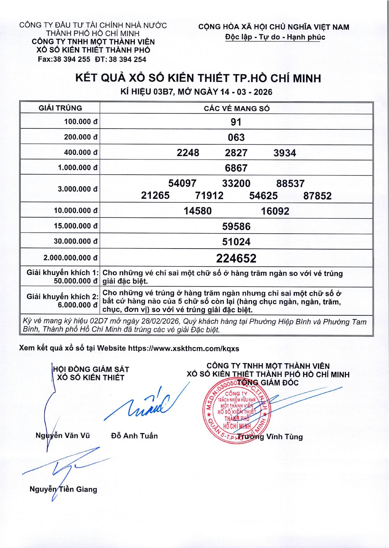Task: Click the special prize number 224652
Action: [236, 258]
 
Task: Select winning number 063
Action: [236, 137]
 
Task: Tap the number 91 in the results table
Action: [236, 122]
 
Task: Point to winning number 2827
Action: [236, 153]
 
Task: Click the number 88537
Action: [290, 183]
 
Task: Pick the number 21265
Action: [155, 196]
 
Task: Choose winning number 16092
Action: [275, 211]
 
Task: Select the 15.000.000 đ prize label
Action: [75, 226]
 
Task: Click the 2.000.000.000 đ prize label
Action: [70, 258]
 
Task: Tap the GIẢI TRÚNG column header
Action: [60, 108]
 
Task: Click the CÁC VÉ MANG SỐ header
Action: [237, 109]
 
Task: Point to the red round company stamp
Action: [237, 411]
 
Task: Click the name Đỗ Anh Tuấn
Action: [134, 436]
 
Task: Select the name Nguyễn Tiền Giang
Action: [63, 489]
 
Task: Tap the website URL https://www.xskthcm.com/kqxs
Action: [184, 349]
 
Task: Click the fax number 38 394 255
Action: [72, 59]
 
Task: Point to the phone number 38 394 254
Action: [128, 59]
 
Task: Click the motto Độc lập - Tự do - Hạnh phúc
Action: [275, 37]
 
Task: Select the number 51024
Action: [236, 242]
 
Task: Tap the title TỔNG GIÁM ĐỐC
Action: [268, 383]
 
